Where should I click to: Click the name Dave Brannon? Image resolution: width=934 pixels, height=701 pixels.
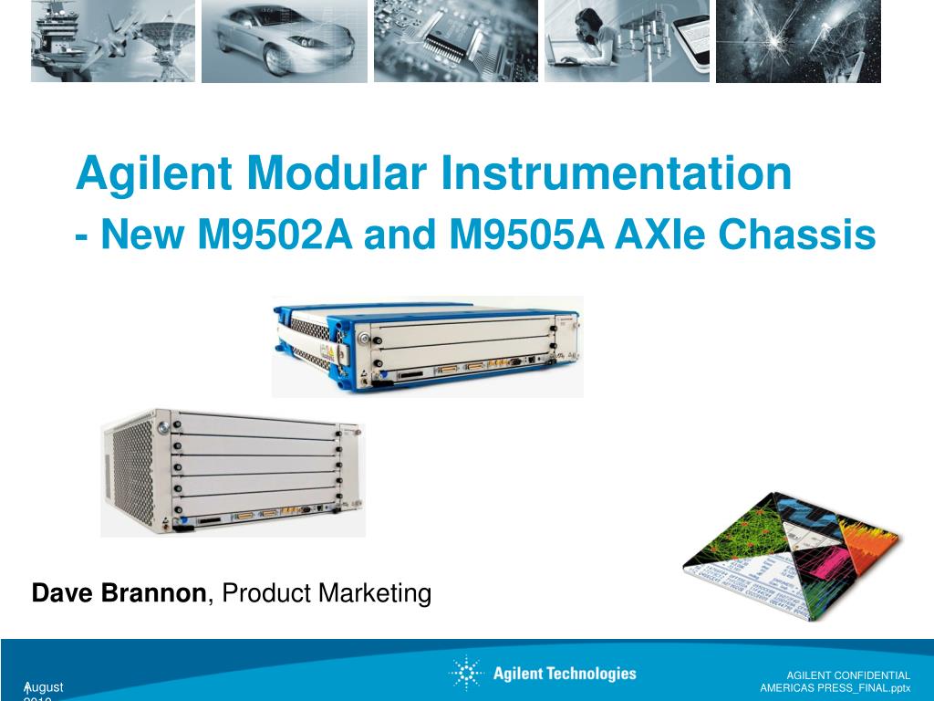tap(119, 593)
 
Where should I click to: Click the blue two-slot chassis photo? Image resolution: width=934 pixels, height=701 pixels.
tap(427, 347)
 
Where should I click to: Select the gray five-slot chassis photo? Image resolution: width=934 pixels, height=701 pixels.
tap(233, 473)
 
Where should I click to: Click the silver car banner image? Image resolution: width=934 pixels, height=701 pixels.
tap(284, 41)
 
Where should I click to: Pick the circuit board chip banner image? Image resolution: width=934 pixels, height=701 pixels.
tap(455, 41)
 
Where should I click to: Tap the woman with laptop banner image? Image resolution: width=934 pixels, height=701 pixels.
tap(627, 41)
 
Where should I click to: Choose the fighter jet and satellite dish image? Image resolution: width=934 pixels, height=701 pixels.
tap(112, 41)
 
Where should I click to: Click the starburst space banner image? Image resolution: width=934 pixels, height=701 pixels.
tap(798, 41)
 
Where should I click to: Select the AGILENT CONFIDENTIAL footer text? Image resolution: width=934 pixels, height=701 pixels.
tap(848, 675)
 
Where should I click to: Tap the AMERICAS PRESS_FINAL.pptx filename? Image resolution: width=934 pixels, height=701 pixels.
tap(835, 687)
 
